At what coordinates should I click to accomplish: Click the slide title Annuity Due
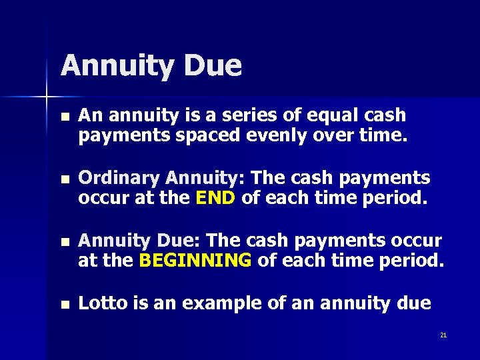click(151, 65)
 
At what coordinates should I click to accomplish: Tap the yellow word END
click(216, 199)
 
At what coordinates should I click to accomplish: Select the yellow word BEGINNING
click(195, 260)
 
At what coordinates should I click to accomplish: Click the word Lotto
click(100, 303)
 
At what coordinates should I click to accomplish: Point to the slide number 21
click(443, 335)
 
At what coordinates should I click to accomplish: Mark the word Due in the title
click(215, 65)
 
